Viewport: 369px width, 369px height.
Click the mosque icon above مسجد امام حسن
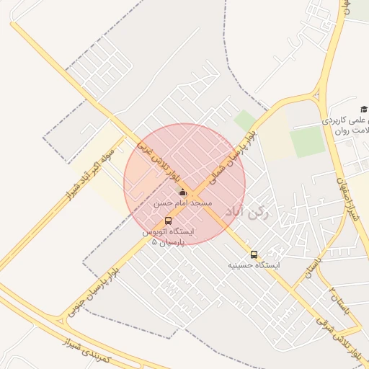tap(182, 192)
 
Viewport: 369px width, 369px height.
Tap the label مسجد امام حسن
tap(182, 204)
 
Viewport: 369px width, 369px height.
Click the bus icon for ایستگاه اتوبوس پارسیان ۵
tap(168, 221)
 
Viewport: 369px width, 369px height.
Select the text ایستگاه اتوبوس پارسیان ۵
tap(167, 237)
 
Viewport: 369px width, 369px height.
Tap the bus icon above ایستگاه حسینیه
tap(254, 254)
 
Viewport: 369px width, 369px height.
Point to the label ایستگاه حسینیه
tap(254, 265)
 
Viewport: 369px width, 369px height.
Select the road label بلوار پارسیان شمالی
tap(231, 155)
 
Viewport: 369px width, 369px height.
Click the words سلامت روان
tap(352, 130)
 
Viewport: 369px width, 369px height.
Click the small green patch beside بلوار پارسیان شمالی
tap(246, 120)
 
